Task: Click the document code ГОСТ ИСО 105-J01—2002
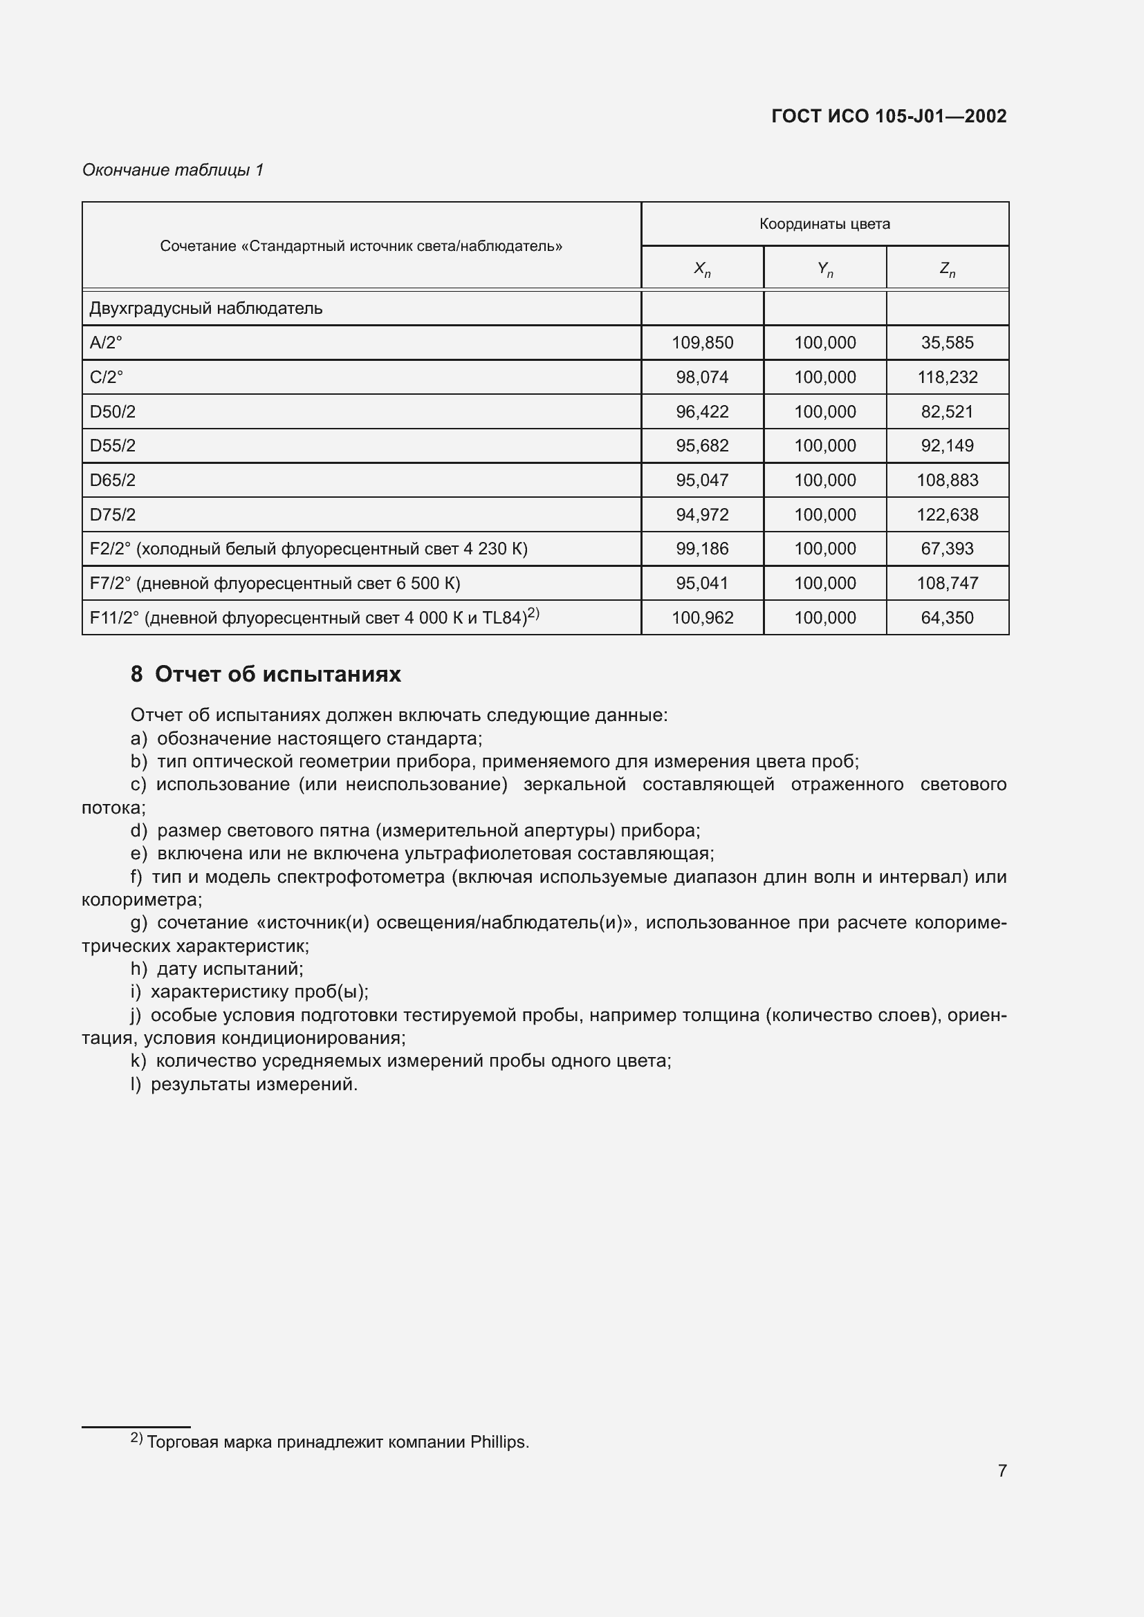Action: click(x=888, y=116)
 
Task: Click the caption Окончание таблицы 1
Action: click(x=173, y=170)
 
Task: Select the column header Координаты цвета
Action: click(x=824, y=224)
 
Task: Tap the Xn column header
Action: click(x=701, y=268)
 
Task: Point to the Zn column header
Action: click(x=947, y=268)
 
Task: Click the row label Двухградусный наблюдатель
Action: click(x=205, y=308)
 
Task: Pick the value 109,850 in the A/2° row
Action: click(x=701, y=343)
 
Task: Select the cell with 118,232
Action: click(x=947, y=377)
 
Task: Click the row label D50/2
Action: click(x=113, y=412)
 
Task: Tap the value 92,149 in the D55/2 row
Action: click(x=947, y=446)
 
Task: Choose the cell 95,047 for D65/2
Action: click(x=701, y=480)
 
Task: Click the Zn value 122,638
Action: click(x=947, y=515)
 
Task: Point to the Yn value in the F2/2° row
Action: click(x=824, y=549)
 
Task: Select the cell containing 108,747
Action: click(x=947, y=583)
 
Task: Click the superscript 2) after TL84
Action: click(x=533, y=613)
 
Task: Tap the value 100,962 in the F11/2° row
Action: click(x=701, y=617)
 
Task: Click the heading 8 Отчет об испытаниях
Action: click(x=266, y=675)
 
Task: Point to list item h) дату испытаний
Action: click(x=217, y=969)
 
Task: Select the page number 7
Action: click(x=1002, y=1470)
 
